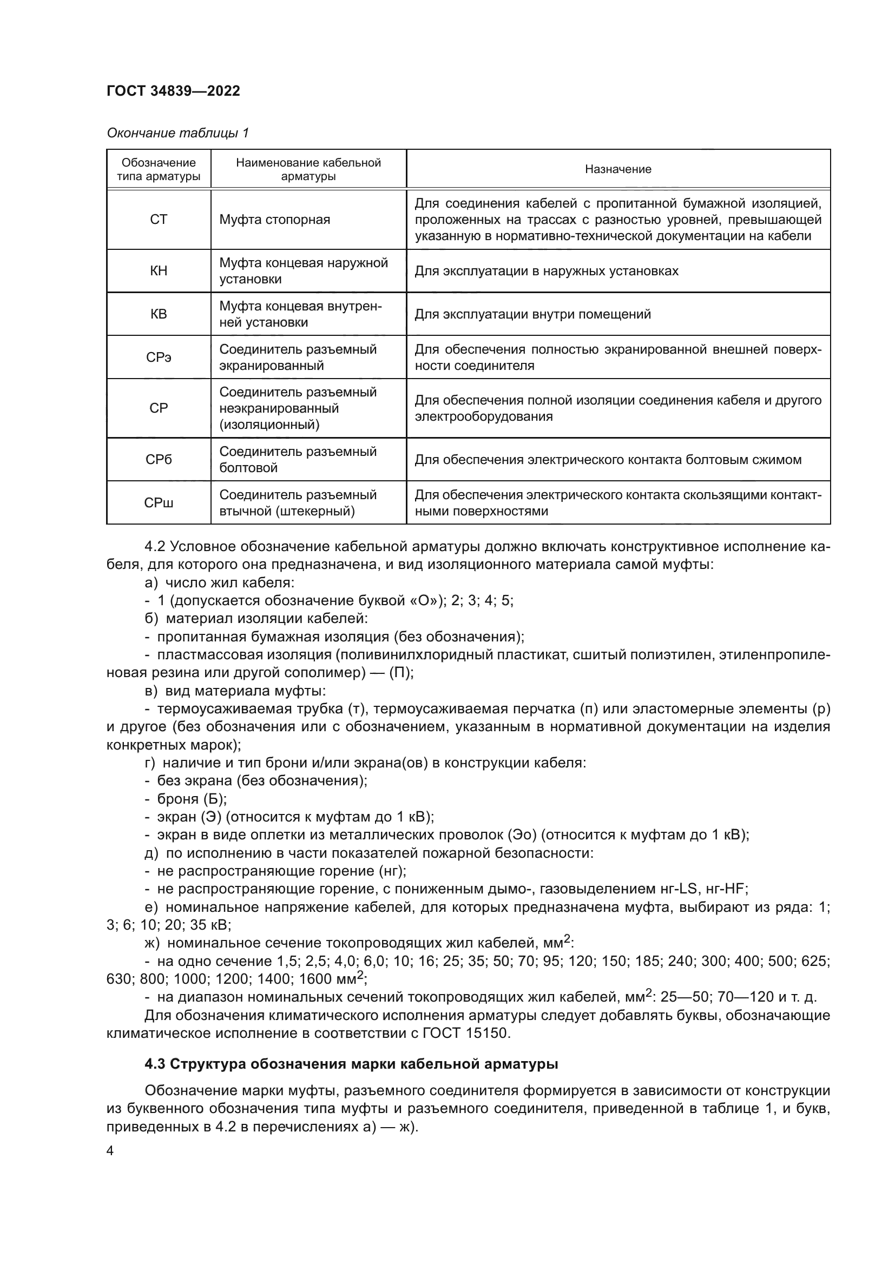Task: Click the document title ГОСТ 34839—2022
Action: (x=173, y=91)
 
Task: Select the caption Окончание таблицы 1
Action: (x=177, y=133)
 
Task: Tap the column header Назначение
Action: (x=618, y=169)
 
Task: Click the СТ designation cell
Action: (x=159, y=220)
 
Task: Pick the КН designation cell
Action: (x=159, y=271)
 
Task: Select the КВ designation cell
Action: (x=159, y=314)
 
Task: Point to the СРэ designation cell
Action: (x=159, y=357)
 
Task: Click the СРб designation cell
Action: (x=159, y=460)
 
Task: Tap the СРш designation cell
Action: (x=159, y=502)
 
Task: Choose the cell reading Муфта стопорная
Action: (x=275, y=220)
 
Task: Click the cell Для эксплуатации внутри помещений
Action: (x=532, y=314)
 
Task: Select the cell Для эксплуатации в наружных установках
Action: (x=546, y=271)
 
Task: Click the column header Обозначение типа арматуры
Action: (x=159, y=169)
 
